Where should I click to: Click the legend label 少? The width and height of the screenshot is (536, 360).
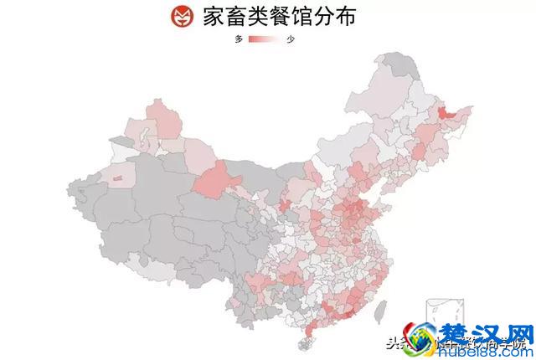(291, 39)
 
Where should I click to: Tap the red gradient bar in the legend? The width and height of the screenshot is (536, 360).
(264, 39)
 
